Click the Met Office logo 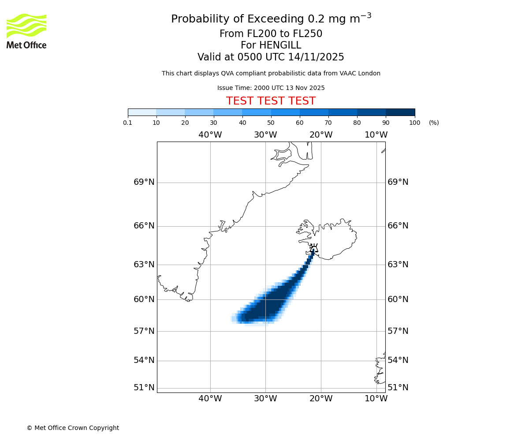[x=26, y=31]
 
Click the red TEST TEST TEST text [x=271, y=101]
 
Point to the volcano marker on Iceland [x=313, y=248]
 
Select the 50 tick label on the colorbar [x=271, y=123]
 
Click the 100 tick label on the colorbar [x=414, y=123]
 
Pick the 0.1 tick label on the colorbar [x=128, y=123]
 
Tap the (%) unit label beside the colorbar [x=434, y=123]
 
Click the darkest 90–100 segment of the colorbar [x=400, y=112]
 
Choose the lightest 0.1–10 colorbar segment [x=142, y=112]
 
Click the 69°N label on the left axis [x=144, y=182]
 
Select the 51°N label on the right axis [x=398, y=388]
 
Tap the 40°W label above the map [x=210, y=135]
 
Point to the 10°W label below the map [x=376, y=399]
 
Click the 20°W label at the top [x=321, y=135]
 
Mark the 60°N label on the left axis [x=144, y=299]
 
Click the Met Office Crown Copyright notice [x=73, y=428]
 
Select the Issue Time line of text [x=271, y=88]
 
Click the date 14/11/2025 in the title [x=316, y=57]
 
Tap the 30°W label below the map [x=265, y=399]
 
